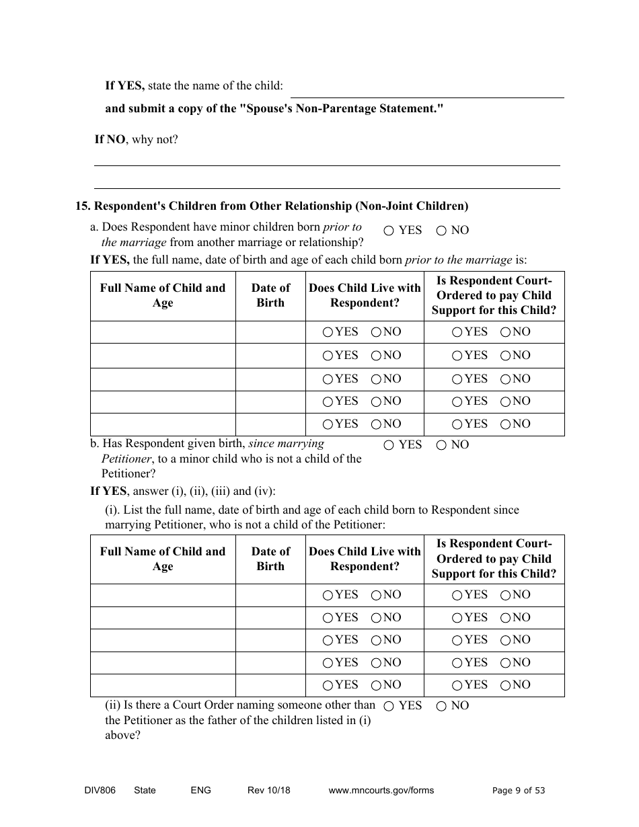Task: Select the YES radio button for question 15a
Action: pyautogui.click(x=389, y=231)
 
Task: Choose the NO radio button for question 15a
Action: pyautogui.click(x=441, y=231)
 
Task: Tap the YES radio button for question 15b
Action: pyautogui.click(x=389, y=445)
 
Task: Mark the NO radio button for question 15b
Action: pyautogui.click(x=441, y=445)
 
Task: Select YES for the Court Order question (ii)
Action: pyautogui.click(x=389, y=706)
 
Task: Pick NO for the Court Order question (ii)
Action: pyautogui.click(x=441, y=706)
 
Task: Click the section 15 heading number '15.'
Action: pyautogui.click(x=82, y=206)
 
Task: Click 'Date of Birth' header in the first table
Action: pyautogui.click(x=270, y=295)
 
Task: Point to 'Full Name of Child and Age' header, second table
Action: pyautogui.click(x=163, y=559)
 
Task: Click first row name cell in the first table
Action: pyautogui.click(x=163, y=332)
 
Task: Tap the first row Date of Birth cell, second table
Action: pyautogui.click(x=270, y=595)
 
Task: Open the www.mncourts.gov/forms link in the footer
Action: pyautogui.click(x=381, y=790)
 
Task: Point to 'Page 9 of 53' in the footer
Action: pyautogui.click(x=519, y=791)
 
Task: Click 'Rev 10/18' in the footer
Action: pyautogui.click(x=269, y=790)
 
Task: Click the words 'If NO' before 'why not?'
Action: pyautogui.click(x=110, y=140)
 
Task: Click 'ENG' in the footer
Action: pyautogui.click(x=200, y=790)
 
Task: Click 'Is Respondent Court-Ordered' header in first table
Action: pyautogui.click(x=494, y=295)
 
